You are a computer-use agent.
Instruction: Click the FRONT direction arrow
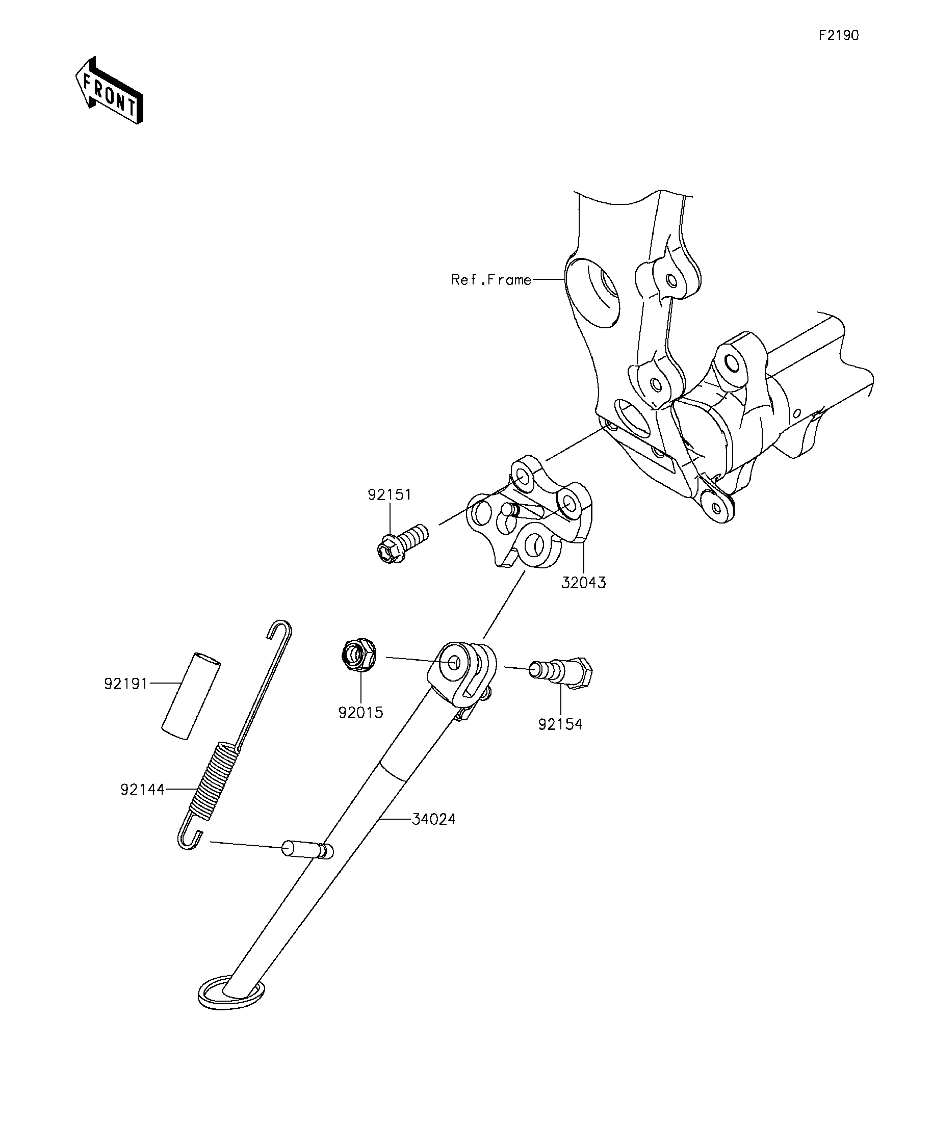pos(109,90)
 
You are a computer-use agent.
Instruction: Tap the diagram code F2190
pos(839,35)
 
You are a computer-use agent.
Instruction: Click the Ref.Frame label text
pos(491,279)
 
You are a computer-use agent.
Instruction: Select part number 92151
pos(390,494)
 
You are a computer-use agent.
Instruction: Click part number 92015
pos(361,713)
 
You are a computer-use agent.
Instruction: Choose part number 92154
pos(560,724)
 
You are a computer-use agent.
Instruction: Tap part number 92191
pos(126,684)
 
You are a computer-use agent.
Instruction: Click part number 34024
pos(433,819)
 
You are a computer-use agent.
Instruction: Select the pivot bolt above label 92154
pos(560,672)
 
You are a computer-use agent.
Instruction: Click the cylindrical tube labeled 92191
pos(191,696)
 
